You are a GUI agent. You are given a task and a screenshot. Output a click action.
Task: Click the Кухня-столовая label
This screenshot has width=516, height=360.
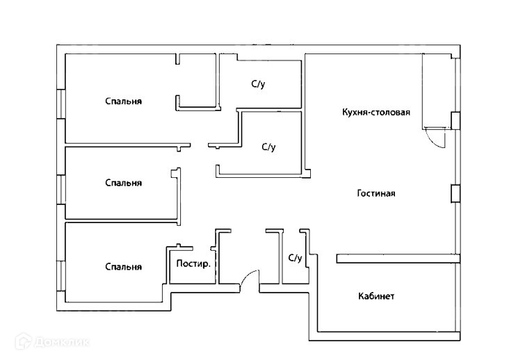pyautogui.click(x=376, y=113)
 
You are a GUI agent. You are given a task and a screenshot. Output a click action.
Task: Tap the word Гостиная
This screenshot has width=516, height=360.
pyautogui.click(x=376, y=193)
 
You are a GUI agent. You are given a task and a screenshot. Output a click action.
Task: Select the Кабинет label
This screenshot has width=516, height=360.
pyautogui.click(x=376, y=296)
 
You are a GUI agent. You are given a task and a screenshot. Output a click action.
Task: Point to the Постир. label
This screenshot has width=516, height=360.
pyautogui.click(x=193, y=263)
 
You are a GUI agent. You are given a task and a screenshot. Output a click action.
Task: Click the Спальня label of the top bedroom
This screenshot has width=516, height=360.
pyautogui.click(x=123, y=101)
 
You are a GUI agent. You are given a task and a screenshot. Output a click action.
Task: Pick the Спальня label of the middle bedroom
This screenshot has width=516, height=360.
pyautogui.click(x=123, y=183)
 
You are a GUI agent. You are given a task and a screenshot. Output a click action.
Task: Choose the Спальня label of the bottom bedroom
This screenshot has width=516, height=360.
pyautogui.click(x=123, y=267)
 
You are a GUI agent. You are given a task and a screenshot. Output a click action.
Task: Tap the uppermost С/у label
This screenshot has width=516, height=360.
pyautogui.click(x=258, y=84)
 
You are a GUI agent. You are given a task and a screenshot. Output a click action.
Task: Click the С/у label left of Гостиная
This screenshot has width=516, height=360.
pyautogui.click(x=268, y=147)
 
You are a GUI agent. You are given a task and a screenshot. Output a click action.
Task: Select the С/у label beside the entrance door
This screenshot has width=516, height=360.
pyautogui.click(x=295, y=258)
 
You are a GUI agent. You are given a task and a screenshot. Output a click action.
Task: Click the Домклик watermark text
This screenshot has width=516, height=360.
pyautogui.click(x=62, y=342)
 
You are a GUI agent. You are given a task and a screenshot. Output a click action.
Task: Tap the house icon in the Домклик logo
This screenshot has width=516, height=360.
pyautogui.click(x=24, y=341)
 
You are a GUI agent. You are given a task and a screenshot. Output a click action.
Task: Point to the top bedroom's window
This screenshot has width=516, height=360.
pyautogui.click(x=61, y=104)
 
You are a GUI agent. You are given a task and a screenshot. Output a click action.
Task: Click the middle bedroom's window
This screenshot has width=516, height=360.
pyautogui.click(x=61, y=190)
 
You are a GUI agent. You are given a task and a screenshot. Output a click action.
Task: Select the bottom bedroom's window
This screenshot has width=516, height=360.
pyautogui.click(x=61, y=276)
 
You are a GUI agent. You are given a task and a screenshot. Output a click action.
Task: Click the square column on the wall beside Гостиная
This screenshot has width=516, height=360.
pyautogui.click(x=455, y=194)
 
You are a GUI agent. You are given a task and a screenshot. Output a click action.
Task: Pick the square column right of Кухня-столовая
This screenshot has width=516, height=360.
pyautogui.click(x=455, y=121)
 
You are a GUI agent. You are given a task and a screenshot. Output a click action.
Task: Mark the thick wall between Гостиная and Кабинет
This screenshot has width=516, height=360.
pyautogui.click(x=398, y=259)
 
